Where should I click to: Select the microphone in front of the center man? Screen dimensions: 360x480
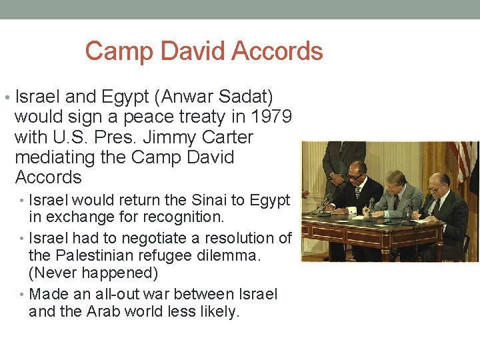(371, 203)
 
